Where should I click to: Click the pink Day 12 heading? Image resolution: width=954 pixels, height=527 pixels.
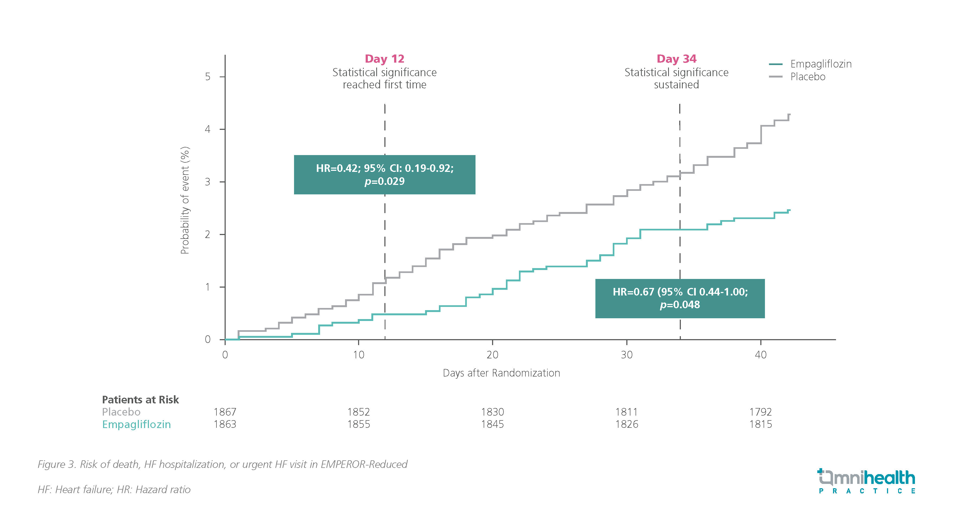coord(384,59)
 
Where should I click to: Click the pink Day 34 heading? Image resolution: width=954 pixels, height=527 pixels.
coord(676,59)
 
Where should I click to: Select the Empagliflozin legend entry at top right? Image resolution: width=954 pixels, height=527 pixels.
coord(821,64)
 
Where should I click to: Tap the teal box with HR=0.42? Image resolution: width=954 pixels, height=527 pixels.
coord(384,175)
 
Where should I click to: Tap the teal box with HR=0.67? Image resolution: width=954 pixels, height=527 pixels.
coord(680,298)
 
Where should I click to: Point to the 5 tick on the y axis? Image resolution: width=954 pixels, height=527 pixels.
coord(208,77)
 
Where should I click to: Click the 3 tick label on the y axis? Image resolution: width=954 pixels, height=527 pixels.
coord(208,182)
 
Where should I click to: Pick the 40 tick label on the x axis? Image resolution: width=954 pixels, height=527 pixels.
coord(760,355)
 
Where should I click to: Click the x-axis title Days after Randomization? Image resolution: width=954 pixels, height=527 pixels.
coord(501,373)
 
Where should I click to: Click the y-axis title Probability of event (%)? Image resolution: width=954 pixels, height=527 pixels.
coord(185,200)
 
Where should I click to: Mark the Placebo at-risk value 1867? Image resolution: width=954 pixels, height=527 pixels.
coord(225,412)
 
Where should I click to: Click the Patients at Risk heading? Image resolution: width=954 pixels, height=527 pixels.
coord(140,400)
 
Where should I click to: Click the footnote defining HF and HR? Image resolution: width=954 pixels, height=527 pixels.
coord(114,490)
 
